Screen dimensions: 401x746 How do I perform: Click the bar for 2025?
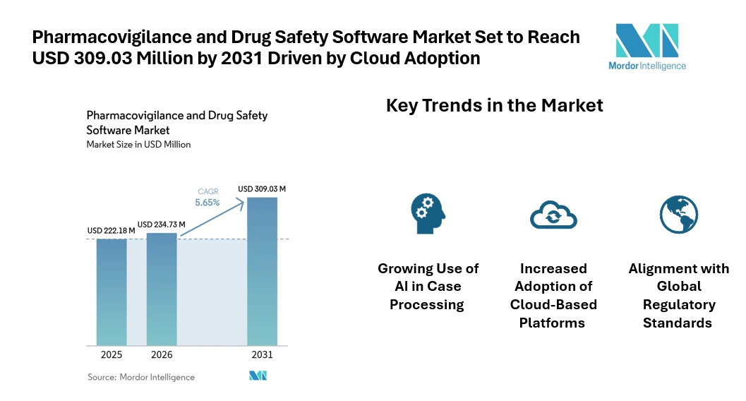click(112, 291)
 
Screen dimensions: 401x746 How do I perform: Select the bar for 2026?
click(162, 288)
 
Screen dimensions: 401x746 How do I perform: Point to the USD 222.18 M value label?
click(112, 231)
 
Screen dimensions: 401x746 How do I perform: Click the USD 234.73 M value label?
click(161, 225)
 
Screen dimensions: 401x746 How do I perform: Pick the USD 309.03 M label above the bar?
click(262, 189)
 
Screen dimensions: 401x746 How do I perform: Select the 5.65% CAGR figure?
click(207, 203)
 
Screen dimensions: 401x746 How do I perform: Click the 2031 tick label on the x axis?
click(262, 354)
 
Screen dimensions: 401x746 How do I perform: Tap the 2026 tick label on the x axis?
click(162, 354)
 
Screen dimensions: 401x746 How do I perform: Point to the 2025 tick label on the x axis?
click(112, 354)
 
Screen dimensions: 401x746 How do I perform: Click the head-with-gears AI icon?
click(428, 212)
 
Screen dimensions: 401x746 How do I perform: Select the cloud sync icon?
click(553, 213)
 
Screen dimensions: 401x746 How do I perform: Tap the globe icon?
click(678, 214)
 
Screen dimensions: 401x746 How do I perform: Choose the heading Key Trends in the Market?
click(494, 106)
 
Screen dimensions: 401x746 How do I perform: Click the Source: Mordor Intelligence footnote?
click(140, 377)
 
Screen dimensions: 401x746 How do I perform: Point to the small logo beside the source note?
click(258, 376)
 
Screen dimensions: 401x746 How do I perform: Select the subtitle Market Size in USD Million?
click(138, 145)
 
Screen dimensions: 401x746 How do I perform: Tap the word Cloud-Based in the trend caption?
click(553, 305)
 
